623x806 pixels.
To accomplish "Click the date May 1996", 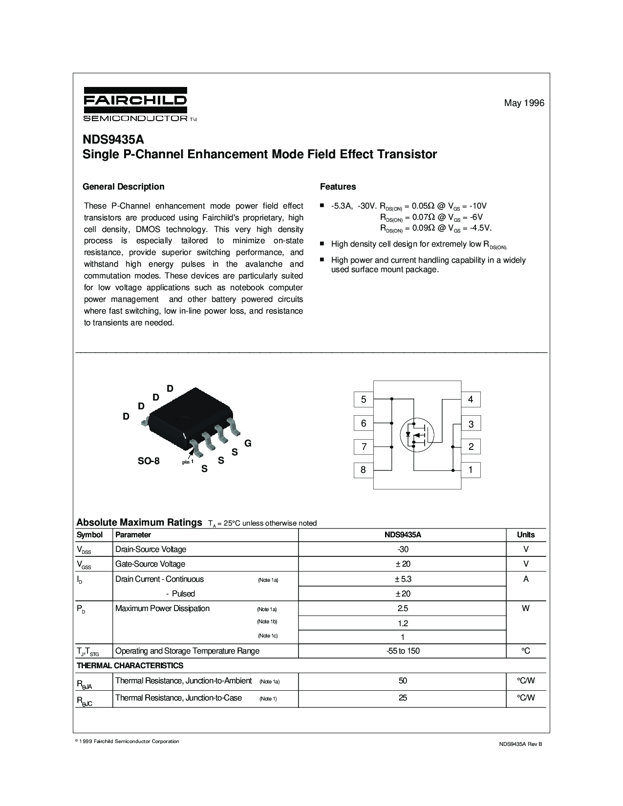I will (x=524, y=103).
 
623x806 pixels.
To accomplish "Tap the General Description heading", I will (x=124, y=187).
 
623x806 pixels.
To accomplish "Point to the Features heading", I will (x=338, y=187).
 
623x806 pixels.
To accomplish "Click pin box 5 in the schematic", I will (x=364, y=400).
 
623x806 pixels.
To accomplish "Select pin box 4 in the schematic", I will (x=471, y=400).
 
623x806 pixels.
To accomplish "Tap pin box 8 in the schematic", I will (x=364, y=470).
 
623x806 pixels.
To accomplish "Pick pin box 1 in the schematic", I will (x=471, y=470).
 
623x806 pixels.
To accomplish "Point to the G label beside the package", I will (x=248, y=444).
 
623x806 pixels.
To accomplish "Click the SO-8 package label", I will (x=148, y=461).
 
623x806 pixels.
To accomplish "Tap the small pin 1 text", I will (x=188, y=462).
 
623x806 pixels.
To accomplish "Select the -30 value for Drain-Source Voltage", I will (x=403, y=549).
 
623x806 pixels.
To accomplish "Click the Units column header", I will (x=526, y=535).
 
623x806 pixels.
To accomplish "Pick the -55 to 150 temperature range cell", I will (x=403, y=651).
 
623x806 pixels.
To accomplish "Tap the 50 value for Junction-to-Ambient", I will (x=403, y=681).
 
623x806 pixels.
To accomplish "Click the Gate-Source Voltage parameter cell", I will (x=150, y=564).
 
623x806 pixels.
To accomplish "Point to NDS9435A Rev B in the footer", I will (x=520, y=743).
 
